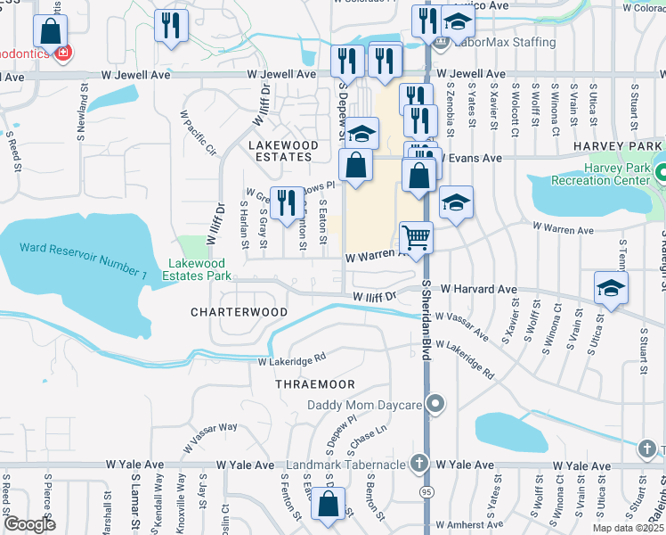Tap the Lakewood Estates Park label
pos(199,270)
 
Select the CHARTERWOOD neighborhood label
pos(240,312)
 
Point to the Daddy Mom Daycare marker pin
pos(435,404)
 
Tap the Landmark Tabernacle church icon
pos(419,465)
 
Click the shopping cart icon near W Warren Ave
pos(416,237)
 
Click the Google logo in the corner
pos(28,524)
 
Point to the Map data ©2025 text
pos(628,528)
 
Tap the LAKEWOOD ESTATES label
pos(283,151)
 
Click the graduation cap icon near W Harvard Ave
pos(611,288)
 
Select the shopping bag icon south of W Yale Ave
pos(329,503)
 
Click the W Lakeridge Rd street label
pos(292,361)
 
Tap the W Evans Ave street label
pos(472,158)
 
